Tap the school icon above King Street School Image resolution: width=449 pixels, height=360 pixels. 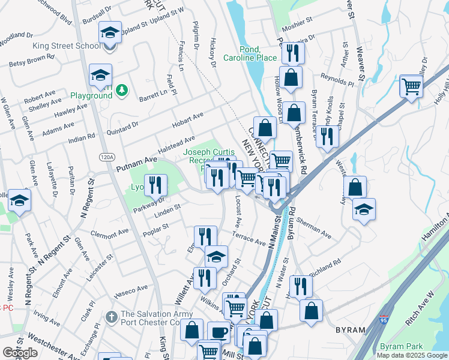(x=109, y=32)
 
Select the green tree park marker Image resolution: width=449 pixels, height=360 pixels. (x=122, y=90)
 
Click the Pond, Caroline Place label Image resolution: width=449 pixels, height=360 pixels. (x=250, y=53)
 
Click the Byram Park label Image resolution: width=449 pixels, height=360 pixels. (x=402, y=346)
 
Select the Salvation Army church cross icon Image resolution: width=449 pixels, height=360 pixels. (x=111, y=316)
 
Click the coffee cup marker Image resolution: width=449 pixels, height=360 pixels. (x=218, y=332)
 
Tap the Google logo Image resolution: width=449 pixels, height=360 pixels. (x=20, y=353)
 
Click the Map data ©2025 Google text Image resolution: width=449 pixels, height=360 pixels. (x=411, y=355)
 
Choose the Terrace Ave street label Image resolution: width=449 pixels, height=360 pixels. (x=249, y=240)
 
